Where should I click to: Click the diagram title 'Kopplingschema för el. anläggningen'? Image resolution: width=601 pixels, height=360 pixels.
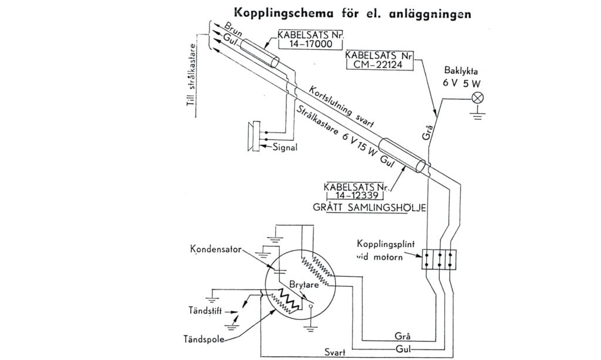pyautogui.click(x=352, y=13)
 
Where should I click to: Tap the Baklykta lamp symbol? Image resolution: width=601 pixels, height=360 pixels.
pyautogui.click(x=478, y=98)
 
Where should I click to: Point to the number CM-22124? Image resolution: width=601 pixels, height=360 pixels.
pyautogui.click(x=379, y=65)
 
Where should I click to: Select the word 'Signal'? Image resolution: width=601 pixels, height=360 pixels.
pyautogui.click(x=285, y=147)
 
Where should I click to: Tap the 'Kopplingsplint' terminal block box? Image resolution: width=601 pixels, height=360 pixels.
pyautogui.click(x=439, y=258)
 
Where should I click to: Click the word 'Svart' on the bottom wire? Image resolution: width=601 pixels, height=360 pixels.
pyautogui.click(x=336, y=352)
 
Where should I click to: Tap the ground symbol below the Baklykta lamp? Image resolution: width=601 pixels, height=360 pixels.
pyautogui.click(x=478, y=116)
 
